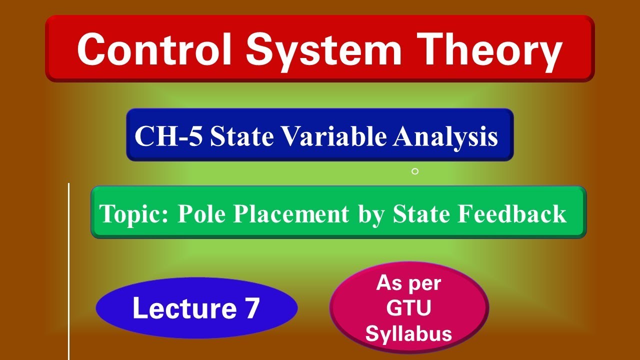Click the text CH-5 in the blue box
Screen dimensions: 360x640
(168, 136)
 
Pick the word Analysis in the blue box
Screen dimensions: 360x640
(445, 136)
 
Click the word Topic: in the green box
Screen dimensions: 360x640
(135, 214)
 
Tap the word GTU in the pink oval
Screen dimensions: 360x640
(408, 308)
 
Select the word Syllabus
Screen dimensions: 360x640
(408, 333)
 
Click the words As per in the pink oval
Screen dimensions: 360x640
(408, 283)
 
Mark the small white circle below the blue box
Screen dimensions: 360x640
(414, 171)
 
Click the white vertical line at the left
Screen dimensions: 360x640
(68, 270)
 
